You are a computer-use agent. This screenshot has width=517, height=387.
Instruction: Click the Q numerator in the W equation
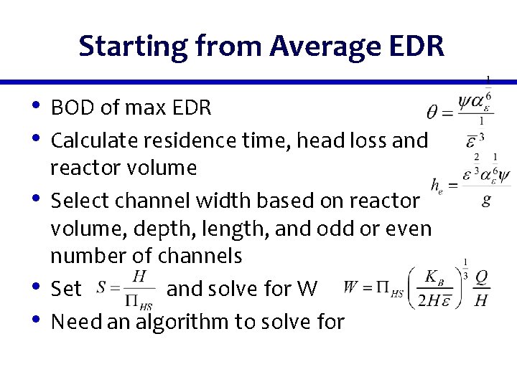pos(482,276)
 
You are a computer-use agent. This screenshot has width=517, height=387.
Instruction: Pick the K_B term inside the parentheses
pos(434,276)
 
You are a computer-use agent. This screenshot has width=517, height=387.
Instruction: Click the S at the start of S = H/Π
pos(103,289)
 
